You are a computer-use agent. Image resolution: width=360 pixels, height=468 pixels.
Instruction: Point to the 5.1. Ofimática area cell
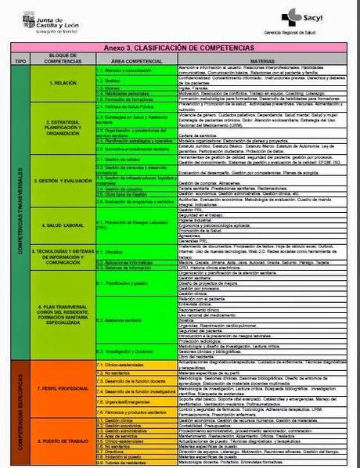(x=114, y=253)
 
